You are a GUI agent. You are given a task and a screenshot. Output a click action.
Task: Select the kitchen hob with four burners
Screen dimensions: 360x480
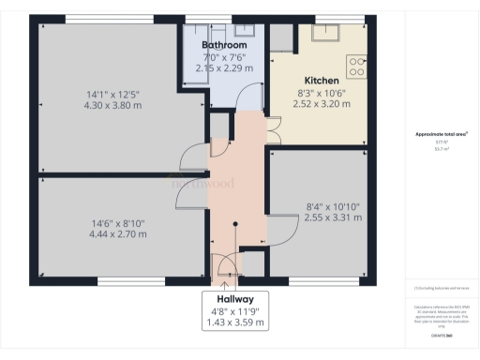(x=357, y=66)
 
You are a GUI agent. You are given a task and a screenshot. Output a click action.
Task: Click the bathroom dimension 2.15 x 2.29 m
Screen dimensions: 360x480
(x=223, y=67)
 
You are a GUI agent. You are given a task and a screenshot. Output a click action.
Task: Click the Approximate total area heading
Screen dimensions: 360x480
(x=441, y=134)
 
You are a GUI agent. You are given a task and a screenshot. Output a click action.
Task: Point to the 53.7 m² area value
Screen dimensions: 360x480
(x=441, y=148)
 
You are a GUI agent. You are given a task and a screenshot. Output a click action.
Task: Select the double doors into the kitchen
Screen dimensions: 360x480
(x=271, y=130)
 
